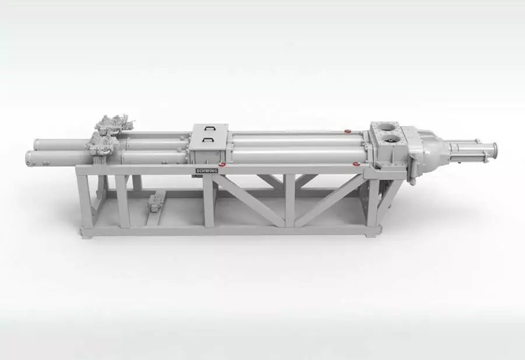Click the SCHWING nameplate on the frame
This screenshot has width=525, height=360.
[206, 171]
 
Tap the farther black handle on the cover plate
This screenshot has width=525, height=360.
[211, 128]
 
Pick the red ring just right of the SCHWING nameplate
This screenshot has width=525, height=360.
[222, 164]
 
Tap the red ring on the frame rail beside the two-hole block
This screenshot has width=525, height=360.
[356, 164]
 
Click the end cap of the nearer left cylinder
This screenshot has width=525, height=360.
[29, 158]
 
